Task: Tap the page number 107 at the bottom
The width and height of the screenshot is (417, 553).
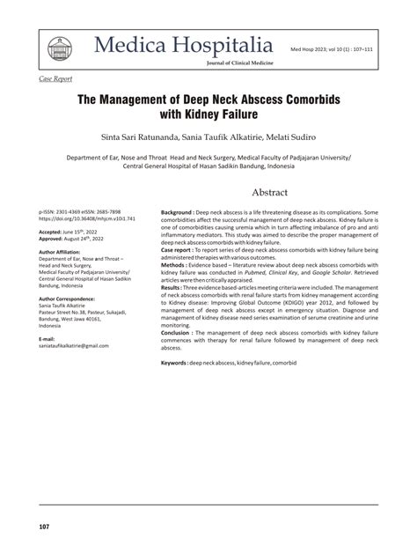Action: (x=44, y=528)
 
